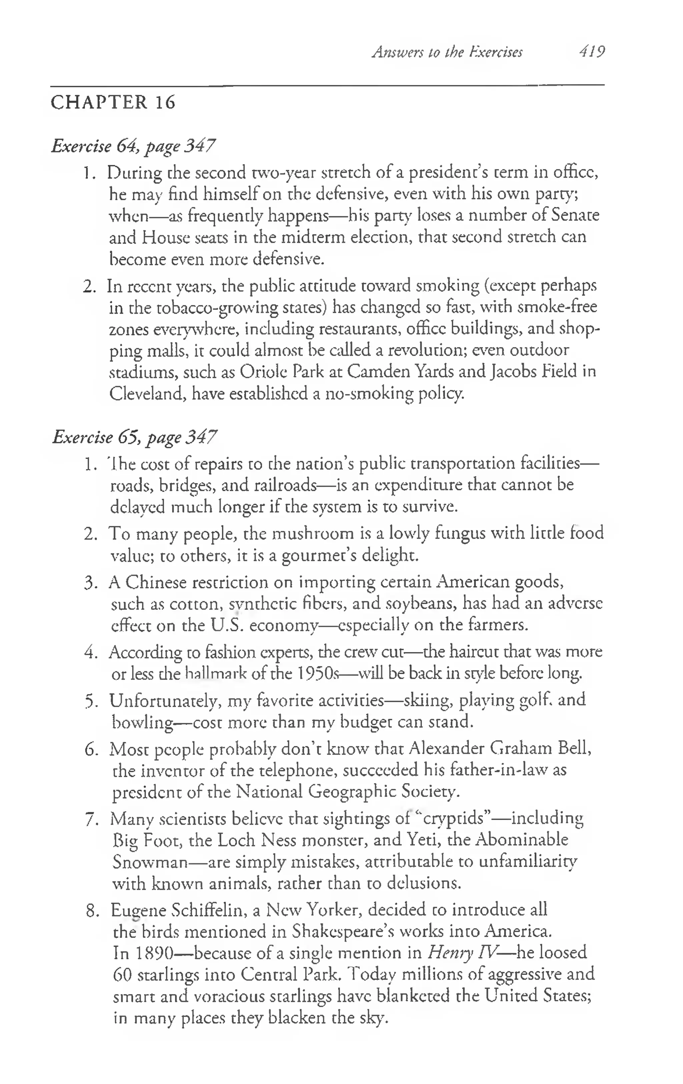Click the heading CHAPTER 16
(113, 102)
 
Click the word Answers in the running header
(395, 52)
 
